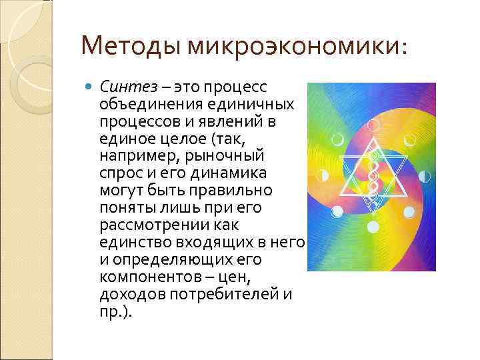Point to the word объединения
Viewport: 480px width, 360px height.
pyautogui.click(x=148, y=106)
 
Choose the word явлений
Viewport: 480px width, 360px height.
pyautogui.click(x=230, y=123)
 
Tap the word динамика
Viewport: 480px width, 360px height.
pyautogui.click(x=227, y=173)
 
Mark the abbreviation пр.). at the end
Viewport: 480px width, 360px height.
pyautogui.click(x=115, y=310)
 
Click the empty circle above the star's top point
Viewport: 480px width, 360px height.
pyautogui.click(x=374, y=124)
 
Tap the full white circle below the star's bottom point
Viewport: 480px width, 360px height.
pyautogui.click(x=374, y=227)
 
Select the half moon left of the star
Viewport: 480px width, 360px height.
pyautogui.click(x=323, y=176)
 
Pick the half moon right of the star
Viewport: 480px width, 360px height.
pyautogui.click(x=425, y=176)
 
